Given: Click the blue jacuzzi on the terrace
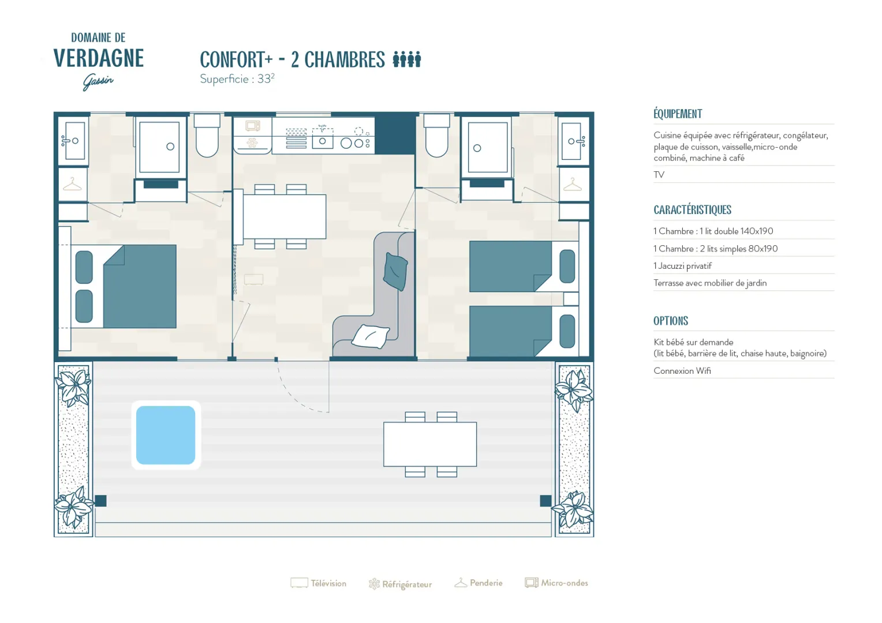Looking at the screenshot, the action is [165, 435].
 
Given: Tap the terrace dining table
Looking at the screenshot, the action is [430, 444].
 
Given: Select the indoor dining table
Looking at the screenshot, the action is [285, 216].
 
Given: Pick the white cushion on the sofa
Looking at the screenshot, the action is [370, 336].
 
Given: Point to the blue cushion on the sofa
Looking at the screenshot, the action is [395, 272].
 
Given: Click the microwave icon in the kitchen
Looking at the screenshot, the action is [253, 126].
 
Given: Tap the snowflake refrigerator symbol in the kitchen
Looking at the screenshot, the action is [252, 142].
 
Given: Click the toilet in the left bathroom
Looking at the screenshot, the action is [207, 136].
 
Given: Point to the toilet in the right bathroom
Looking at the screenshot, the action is [436, 136].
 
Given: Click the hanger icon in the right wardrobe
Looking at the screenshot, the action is [573, 184].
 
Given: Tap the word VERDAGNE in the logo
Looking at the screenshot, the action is [99, 58].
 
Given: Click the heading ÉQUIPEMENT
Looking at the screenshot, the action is [678, 114].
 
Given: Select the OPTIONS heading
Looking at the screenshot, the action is [671, 321].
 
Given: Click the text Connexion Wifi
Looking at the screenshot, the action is [682, 371].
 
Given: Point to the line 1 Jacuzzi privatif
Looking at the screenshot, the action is [683, 266].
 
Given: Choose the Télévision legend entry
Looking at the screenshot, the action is [319, 583].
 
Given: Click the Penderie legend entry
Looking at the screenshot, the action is [479, 583].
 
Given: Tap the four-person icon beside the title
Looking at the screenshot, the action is [407, 59].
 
